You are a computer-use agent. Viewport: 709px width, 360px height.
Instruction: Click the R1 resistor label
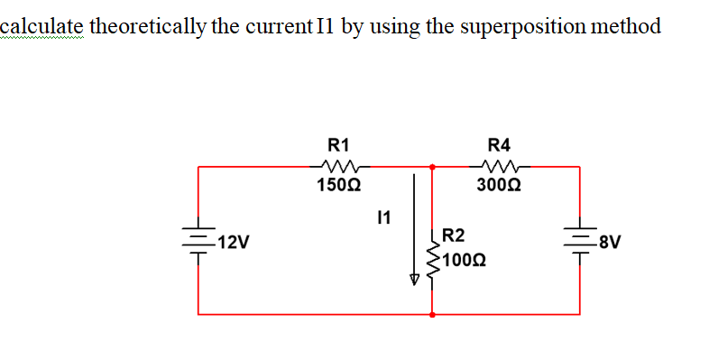(339, 144)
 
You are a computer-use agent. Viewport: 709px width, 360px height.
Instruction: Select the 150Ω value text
(339, 187)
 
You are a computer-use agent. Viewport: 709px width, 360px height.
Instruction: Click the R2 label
(455, 236)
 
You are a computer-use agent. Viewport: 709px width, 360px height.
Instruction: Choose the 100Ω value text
(465, 261)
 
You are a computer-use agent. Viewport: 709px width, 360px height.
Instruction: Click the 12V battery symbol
(198, 242)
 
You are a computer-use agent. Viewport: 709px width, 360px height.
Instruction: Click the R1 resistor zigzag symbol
(340, 166)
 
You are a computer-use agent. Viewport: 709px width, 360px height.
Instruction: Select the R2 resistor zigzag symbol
(434, 257)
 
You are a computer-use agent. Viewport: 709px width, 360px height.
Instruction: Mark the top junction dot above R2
(433, 166)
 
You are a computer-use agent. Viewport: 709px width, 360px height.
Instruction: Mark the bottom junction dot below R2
(433, 315)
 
